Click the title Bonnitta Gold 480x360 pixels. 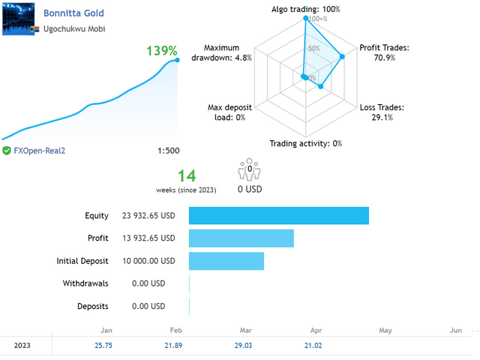click(73, 13)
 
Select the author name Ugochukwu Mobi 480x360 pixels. click(74, 29)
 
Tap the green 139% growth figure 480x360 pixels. click(162, 52)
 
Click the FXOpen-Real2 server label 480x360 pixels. click(40, 151)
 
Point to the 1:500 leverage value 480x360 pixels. click(168, 151)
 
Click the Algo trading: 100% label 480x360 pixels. click(305, 10)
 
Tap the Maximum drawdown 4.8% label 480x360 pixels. click(222, 52)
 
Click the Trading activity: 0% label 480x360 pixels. click(305, 143)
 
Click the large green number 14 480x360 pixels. click(186, 176)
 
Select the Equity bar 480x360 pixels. click(278, 216)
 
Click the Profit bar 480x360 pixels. click(241, 238)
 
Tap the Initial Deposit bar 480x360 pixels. click(226, 261)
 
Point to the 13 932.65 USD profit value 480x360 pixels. click(148, 238)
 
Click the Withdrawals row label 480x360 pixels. click(86, 283)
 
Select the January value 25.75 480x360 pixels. click(103, 345)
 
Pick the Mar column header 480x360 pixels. click(245, 330)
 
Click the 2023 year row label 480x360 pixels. click(22, 345)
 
